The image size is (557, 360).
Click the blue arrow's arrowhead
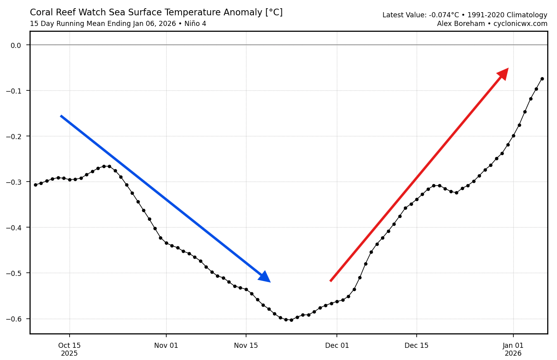point(265,277)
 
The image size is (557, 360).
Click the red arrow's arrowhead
point(503,73)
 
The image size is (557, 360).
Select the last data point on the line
point(542,79)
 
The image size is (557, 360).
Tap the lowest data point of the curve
point(291,320)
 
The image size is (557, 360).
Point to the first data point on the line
point(35,185)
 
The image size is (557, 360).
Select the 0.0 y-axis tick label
point(15,45)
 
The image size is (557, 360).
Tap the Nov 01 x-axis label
point(166,345)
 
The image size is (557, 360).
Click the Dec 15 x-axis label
point(416,345)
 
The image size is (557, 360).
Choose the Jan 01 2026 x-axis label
point(513,349)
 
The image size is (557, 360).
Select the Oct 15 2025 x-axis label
point(69,349)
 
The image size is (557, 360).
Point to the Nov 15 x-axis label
point(246,345)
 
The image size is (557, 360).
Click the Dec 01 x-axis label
point(337,345)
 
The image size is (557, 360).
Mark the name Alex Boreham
point(461,24)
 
